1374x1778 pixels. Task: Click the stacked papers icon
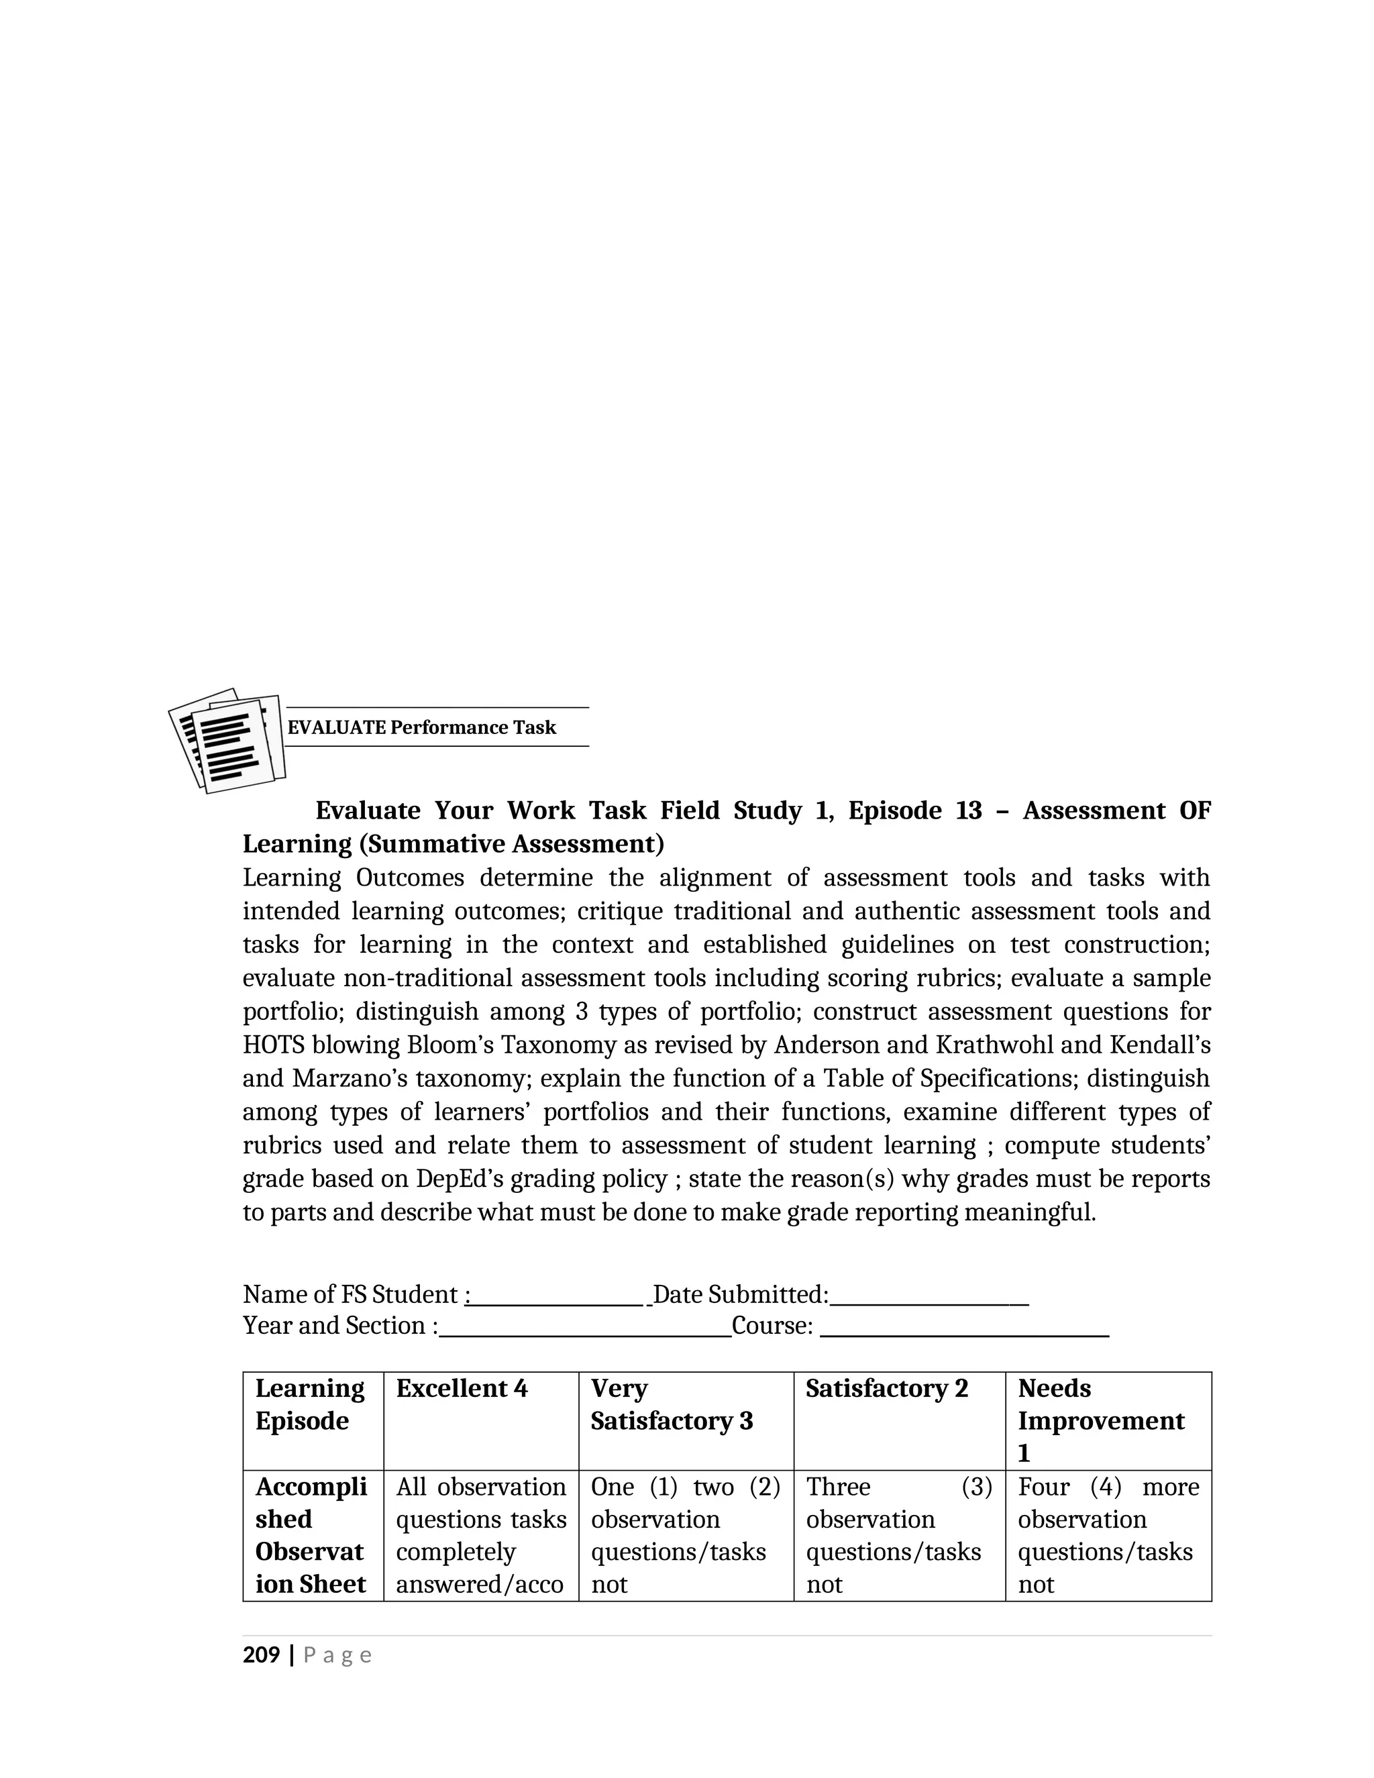click(x=228, y=740)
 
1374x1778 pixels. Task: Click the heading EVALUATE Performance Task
click(x=421, y=727)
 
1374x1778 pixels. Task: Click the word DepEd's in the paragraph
click(x=460, y=1178)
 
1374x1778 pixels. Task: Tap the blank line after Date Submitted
click(x=929, y=1294)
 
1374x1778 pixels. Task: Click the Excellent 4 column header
click(x=462, y=1388)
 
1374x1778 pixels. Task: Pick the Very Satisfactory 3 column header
click(x=672, y=1404)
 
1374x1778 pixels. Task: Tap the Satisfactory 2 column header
click(x=886, y=1388)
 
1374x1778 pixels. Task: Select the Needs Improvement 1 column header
click(x=1100, y=1420)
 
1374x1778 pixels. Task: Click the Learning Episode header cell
click(x=309, y=1404)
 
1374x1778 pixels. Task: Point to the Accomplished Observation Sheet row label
click(x=311, y=1534)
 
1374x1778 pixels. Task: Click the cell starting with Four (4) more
click(x=1108, y=1534)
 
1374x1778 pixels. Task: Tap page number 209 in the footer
click(x=260, y=1655)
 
